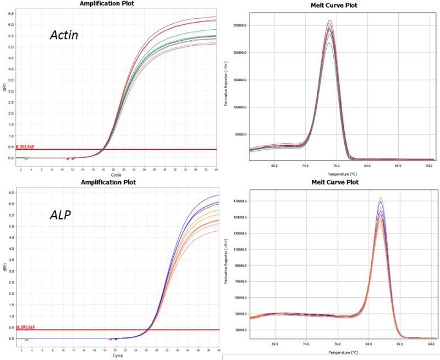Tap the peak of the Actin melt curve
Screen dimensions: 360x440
coord(329,22)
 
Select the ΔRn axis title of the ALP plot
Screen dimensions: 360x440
coord(5,267)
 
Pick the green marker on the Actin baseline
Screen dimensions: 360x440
coord(25,159)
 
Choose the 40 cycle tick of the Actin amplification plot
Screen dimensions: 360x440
coord(216,170)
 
